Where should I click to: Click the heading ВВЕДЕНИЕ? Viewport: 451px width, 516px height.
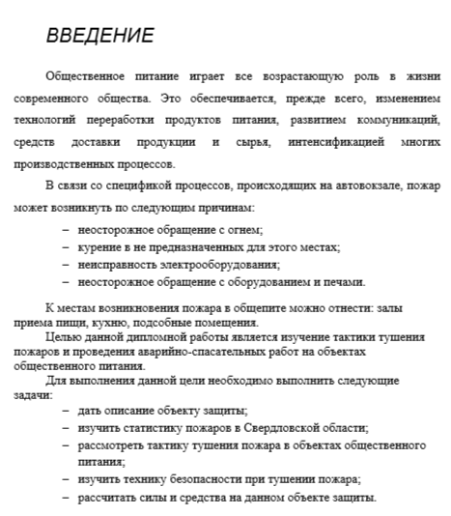99,37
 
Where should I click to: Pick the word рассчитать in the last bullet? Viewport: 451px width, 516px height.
110,497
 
